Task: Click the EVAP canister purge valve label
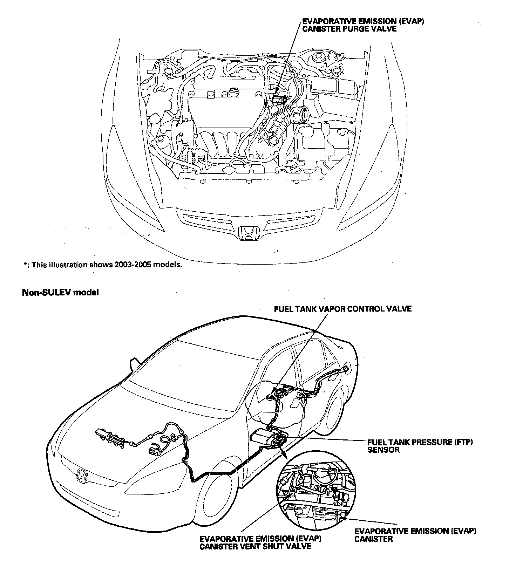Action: (363, 25)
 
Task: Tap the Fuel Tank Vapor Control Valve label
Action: (342, 309)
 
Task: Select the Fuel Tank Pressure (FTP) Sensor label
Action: (420, 446)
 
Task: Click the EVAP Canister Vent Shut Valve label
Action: (260, 542)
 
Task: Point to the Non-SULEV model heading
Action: (60, 292)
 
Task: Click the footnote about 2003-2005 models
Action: (103, 265)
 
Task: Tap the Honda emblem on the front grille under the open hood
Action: (249, 233)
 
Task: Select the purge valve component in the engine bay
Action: (279, 97)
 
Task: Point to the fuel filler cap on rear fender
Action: (347, 368)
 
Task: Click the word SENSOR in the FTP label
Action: (383, 450)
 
